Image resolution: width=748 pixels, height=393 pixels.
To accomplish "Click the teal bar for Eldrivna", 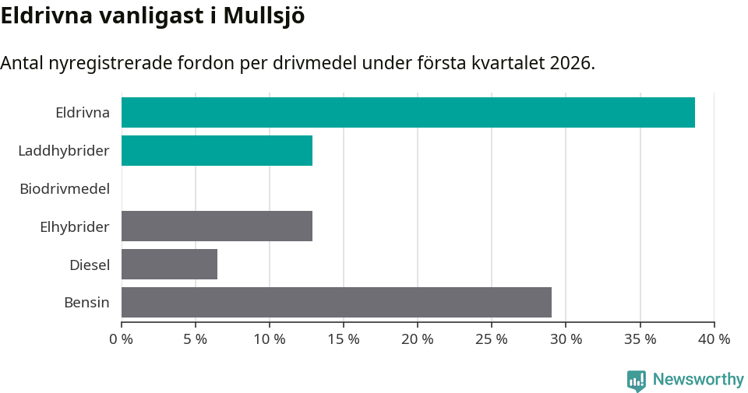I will [x=408, y=112].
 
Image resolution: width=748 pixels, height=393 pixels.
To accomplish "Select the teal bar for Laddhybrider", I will [x=217, y=150].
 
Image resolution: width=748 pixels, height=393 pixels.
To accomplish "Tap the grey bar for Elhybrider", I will [x=217, y=226].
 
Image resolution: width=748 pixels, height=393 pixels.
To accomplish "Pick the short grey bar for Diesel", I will [x=169, y=264].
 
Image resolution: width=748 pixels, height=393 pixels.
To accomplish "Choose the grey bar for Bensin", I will [x=336, y=302].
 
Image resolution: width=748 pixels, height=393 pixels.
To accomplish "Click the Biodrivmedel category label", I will [x=65, y=188].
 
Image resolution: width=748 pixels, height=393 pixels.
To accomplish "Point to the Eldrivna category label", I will [x=83, y=112].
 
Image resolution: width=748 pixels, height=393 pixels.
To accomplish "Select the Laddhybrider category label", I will [x=64, y=150].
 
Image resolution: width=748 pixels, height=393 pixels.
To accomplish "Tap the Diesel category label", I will [x=90, y=265].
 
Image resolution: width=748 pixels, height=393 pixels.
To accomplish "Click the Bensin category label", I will [x=86, y=303].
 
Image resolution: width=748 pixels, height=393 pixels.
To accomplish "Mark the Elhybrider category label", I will [x=75, y=226].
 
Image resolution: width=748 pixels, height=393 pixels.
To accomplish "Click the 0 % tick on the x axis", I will [x=122, y=339].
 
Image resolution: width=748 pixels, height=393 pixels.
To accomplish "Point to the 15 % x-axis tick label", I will [x=344, y=339].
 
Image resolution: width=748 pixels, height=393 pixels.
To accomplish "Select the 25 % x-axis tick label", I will [x=492, y=339].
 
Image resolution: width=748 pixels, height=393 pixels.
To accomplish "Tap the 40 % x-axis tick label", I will [x=714, y=339].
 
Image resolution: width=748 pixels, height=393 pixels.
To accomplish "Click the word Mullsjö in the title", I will [x=263, y=16].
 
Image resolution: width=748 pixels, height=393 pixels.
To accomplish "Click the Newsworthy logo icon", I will [x=637, y=381].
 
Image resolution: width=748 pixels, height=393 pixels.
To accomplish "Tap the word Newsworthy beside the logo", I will [x=698, y=380].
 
